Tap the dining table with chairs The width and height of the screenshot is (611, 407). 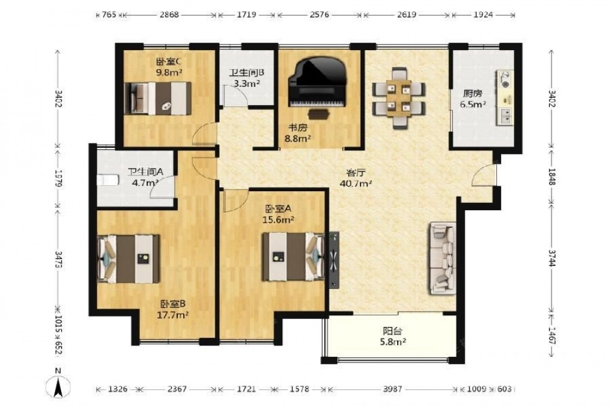click(398, 98)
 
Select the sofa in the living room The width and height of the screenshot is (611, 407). click(443, 258)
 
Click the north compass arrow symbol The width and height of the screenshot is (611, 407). click(58, 387)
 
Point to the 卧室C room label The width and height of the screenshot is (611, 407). click(169, 62)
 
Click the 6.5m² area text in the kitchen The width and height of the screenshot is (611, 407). click(473, 104)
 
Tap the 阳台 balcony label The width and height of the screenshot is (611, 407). click(392, 332)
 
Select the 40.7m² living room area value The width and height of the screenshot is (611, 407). click(355, 183)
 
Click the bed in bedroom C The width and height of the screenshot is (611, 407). click(158, 98)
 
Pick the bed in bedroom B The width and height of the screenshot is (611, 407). click(128, 259)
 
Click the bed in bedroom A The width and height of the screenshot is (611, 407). click(293, 257)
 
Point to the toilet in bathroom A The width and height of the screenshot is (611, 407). click(108, 180)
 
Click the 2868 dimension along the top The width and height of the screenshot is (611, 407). click(169, 15)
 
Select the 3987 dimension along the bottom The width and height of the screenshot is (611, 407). click(392, 389)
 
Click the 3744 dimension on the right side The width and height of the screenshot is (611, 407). click(551, 258)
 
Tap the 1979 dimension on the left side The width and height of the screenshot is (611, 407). click(59, 178)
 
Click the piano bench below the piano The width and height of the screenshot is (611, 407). click(318, 114)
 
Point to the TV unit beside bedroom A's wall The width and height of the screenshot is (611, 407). click(334, 260)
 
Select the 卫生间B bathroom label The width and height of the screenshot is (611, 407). click(246, 73)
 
